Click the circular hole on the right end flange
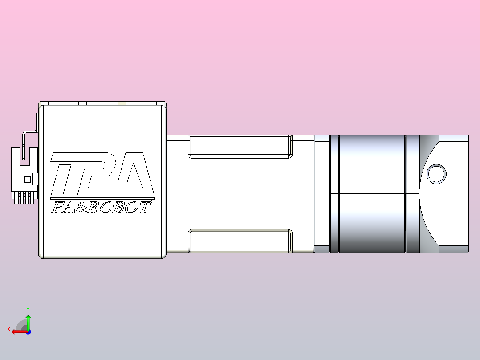(436, 174)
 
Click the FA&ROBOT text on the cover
(101, 208)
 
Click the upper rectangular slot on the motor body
(240, 147)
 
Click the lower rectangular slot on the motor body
(240, 241)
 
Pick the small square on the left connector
(27, 179)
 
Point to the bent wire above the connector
(28, 132)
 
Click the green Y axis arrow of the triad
(28, 320)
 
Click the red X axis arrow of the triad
(18, 331)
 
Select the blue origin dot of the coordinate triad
(28, 331)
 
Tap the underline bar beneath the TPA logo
(102, 197)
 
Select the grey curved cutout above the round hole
(427, 147)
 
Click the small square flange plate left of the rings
(321, 193)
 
